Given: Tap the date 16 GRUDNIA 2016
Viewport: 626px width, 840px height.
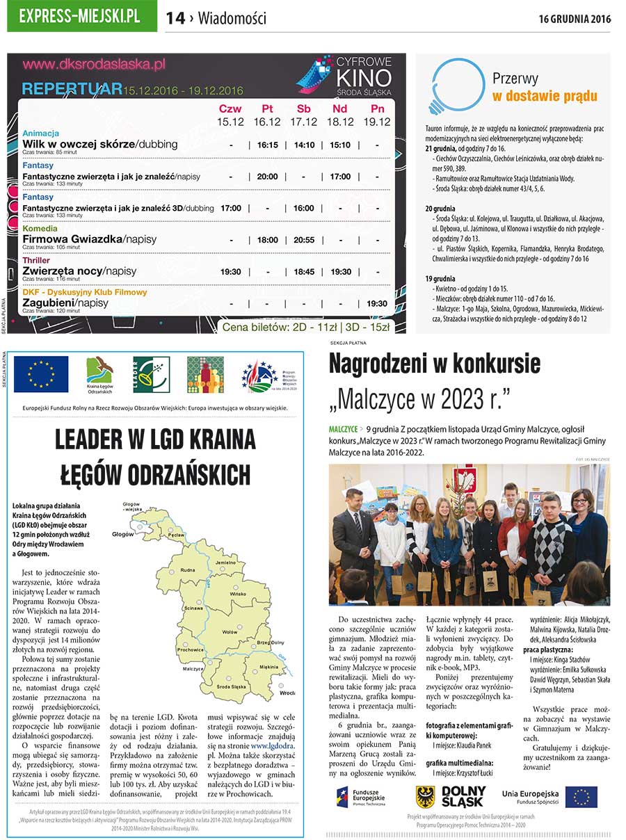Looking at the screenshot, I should pos(575,19).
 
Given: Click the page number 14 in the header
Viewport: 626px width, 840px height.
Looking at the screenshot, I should pos(175,19).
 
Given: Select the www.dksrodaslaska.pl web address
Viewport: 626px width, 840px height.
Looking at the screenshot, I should pos(94,65).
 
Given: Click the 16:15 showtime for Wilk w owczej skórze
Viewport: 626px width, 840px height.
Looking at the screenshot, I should pos(267,145).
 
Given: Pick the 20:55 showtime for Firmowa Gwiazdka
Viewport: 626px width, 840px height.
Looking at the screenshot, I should pos(304,240).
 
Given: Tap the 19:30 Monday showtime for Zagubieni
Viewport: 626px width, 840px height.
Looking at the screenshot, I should pos(377,303).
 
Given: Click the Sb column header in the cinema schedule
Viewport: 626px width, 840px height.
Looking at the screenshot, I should pos(304,109).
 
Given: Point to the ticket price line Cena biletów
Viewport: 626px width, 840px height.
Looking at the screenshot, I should pos(306,326).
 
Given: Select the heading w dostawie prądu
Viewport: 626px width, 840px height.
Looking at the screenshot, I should pos(545,96).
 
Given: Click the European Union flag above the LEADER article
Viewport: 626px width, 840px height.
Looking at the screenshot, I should pos(41,374).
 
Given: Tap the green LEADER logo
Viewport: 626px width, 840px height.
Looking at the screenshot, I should pos(151,374).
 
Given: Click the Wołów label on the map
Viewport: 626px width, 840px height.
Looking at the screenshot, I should pos(230,631).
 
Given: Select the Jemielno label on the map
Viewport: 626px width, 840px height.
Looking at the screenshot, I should pos(225,562).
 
